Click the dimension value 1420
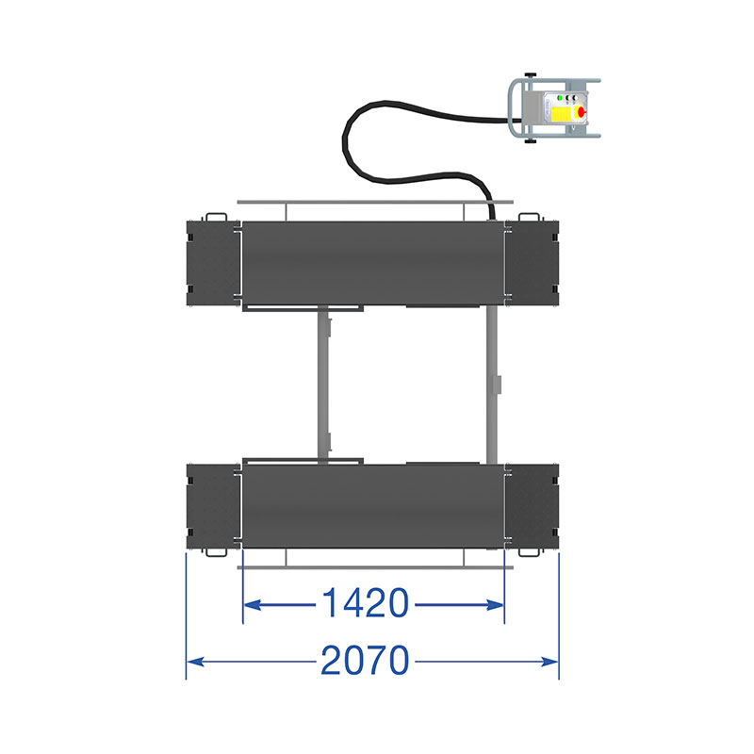click(x=365, y=602)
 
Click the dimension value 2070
click(x=365, y=661)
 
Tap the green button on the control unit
click(x=560, y=98)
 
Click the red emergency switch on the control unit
click(x=582, y=112)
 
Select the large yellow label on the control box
click(x=562, y=114)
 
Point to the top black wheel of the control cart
click(x=531, y=75)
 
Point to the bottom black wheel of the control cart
click(x=531, y=141)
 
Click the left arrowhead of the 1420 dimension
click(x=253, y=604)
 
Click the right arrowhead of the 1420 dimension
click(x=495, y=604)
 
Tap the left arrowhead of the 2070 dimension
click(x=196, y=663)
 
